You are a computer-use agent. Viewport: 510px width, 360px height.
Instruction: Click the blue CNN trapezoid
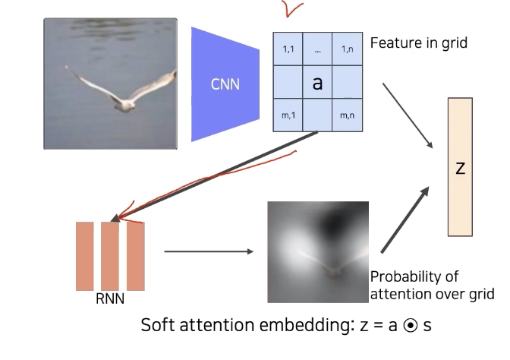tap(224, 84)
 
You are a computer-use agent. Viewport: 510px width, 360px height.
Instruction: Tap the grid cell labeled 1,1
tap(288, 49)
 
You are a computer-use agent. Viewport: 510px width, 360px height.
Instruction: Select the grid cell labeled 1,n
tap(347, 49)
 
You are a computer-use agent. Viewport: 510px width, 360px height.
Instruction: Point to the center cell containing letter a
tap(317, 82)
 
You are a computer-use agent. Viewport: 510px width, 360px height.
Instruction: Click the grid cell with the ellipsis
tap(317, 49)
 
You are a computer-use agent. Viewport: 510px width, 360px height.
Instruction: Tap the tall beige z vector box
tap(459, 166)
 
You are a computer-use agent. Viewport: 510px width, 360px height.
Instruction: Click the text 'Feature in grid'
tap(418, 43)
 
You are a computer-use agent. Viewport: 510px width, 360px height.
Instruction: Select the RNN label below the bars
tap(110, 299)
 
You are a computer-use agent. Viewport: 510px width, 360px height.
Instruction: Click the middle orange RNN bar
tap(111, 256)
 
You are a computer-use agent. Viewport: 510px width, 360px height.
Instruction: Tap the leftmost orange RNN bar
tap(85, 256)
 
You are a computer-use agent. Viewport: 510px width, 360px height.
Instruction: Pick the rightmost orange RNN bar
tap(136, 256)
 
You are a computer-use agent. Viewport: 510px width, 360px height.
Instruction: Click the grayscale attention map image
tap(318, 251)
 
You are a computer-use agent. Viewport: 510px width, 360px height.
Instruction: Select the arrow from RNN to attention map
tap(209, 251)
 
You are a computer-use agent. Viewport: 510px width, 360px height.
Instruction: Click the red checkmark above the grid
tap(289, 10)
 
